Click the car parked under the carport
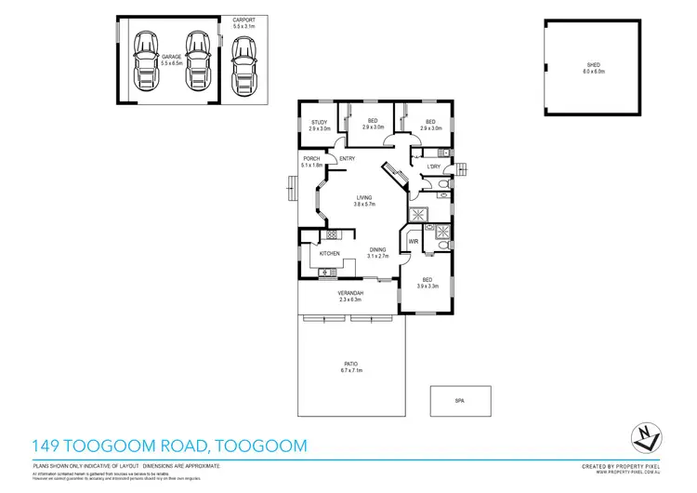pos(243,67)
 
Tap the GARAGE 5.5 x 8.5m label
pos(171,59)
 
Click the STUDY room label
pos(319,125)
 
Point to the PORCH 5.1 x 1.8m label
pos(311,162)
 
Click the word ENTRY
pos(347,159)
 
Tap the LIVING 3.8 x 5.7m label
pos(364,201)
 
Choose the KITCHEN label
pos(329,253)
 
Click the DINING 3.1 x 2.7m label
pos(377,252)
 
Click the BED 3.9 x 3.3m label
pos(427,283)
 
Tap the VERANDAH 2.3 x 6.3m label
pos(349,296)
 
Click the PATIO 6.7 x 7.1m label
pos(349,366)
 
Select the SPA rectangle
pos(459,401)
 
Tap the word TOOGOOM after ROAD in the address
pos(261,446)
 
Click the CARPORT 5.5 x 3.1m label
pos(243,23)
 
